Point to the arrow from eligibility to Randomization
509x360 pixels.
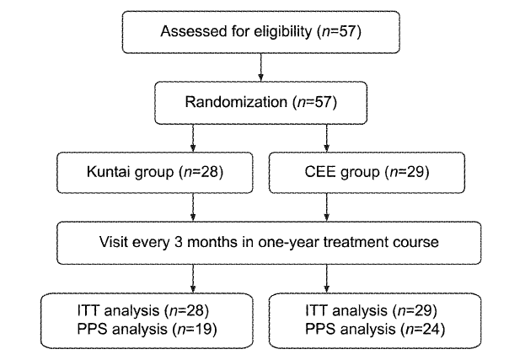tap(260, 67)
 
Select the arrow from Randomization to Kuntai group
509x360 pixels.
tap(193, 138)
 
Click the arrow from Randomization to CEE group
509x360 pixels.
tap(327, 138)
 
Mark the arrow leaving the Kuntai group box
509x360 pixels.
tap(193, 207)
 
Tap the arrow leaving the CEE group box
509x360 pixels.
tap(327, 207)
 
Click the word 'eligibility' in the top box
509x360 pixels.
tap(282, 32)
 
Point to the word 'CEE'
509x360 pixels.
tap(319, 171)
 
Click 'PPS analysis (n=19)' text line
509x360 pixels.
tap(147, 329)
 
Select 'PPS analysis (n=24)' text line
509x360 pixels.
tap(375, 329)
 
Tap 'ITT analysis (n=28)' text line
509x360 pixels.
tap(143, 310)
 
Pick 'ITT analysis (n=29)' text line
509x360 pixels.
tap(371, 310)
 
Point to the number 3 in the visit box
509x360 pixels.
tap(178, 242)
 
